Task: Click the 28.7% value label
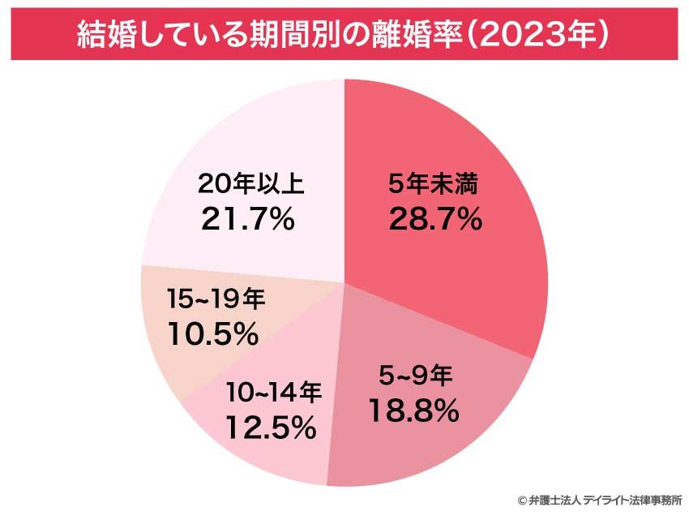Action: point(435,218)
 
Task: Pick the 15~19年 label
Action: point(213,299)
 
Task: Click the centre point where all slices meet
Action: point(344,282)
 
